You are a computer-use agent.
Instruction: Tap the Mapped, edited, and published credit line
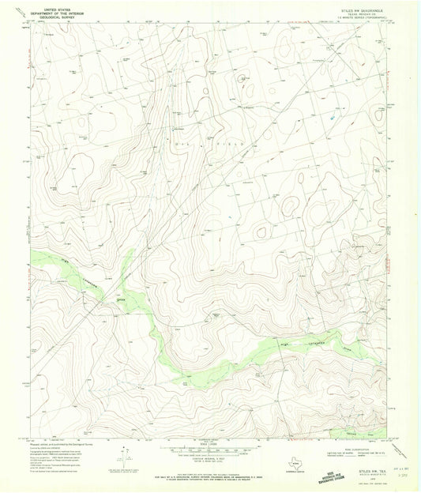[x=60, y=443]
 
